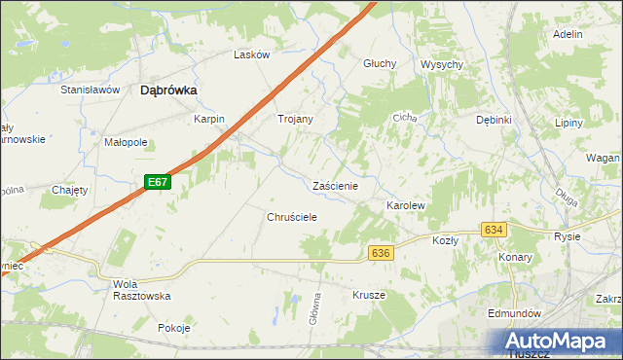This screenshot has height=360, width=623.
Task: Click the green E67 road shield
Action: coord(160,182)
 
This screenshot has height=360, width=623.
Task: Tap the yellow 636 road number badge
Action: coord(381,253)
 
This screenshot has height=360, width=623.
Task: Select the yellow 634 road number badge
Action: coord(494,230)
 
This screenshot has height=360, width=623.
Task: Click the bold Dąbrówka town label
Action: coord(169,90)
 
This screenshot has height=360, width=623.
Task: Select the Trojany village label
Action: coord(295,119)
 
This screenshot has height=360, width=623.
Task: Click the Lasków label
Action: coord(251,55)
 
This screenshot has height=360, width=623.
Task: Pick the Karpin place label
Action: coord(209,119)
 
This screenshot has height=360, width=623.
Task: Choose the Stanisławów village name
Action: coord(90,90)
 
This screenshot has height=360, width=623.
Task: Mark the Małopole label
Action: coord(126,142)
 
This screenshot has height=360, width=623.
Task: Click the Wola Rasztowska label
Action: coord(142,289)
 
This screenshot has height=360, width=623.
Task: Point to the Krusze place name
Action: coord(369,295)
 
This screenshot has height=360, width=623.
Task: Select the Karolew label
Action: coord(406,207)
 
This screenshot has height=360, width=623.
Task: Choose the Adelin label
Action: coord(567,34)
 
